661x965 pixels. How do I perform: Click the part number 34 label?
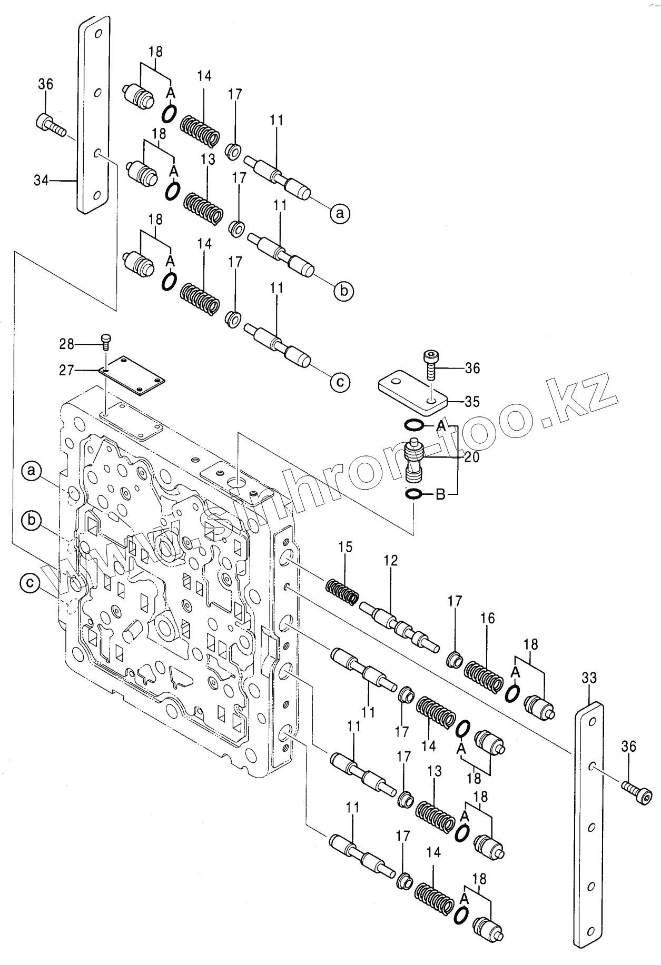[x=41, y=181]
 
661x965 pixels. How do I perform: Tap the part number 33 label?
[x=589, y=678]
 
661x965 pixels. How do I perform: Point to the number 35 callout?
[x=472, y=402]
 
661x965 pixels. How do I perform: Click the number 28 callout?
[x=67, y=344]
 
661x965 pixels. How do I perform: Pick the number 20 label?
[x=471, y=457]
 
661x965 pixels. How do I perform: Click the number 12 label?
[x=391, y=560]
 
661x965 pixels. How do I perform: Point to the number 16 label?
[x=488, y=618]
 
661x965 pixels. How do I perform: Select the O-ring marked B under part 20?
[x=414, y=494]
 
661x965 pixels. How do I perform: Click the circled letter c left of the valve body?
[x=31, y=583]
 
